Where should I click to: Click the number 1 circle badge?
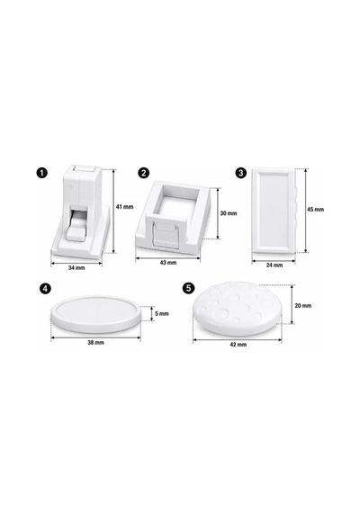(42, 173)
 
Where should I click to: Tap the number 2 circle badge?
(144, 173)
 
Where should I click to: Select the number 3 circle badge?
(241, 173)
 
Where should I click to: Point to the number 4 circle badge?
(45, 288)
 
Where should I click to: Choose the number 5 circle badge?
(189, 288)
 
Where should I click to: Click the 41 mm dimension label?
(125, 207)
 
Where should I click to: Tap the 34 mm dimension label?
(76, 267)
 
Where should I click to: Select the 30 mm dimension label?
(229, 213)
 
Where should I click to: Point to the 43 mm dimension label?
(168, 263)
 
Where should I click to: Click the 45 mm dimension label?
(316, 210)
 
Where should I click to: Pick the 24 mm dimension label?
(274, 265)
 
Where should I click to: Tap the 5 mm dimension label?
(162, 313)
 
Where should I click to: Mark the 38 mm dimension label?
(95, 343)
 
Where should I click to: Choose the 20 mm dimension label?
(303, 306)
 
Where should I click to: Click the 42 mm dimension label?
(238, 345)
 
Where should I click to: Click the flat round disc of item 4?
(95, 314)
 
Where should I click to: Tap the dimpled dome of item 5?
(238, 308)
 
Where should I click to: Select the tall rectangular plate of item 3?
(274, 211)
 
